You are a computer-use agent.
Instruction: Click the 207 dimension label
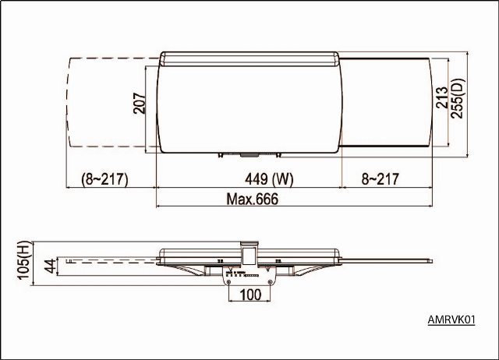(140, 103)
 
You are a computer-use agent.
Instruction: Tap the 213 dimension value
(442, 97)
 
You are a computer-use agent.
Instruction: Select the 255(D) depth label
(458, 98)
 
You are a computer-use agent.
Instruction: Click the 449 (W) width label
(269, 179)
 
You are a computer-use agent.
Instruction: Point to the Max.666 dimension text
(252, 199)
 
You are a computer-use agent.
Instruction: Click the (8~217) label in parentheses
(104, 179)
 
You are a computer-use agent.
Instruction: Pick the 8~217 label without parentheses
(380, 179)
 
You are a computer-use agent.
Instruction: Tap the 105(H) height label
(25, 260)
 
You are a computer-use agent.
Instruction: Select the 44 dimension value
(50, 266)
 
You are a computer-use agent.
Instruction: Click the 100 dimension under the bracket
(250, 295)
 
